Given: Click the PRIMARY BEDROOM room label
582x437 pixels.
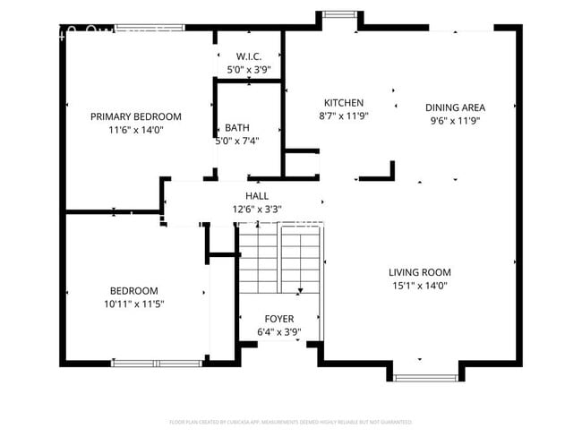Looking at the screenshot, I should tap(136, 116).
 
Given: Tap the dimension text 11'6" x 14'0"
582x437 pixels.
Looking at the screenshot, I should tap(136, 130).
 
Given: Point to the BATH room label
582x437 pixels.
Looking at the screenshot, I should tap(237, 128).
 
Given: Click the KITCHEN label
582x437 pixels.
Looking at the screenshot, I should tap(344, 103).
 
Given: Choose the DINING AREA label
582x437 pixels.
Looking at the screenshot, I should tap(455, 107).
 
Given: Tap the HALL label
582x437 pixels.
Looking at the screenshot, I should tap(257, 196).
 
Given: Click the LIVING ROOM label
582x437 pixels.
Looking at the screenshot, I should tap(419, 272).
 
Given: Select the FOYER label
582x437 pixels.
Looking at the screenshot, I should tap(278, 319).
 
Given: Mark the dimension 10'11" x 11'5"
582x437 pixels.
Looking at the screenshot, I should tap(134, 304).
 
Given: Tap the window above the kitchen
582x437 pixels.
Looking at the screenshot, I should tap(338, 14).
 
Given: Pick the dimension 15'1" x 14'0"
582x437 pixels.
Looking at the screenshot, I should tap(419, 286).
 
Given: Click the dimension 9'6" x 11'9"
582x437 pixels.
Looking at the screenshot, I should tap(455, 120).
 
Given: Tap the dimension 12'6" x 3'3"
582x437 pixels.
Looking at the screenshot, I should tap(257, 210).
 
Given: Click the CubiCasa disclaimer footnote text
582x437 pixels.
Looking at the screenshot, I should tap(290, 421).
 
